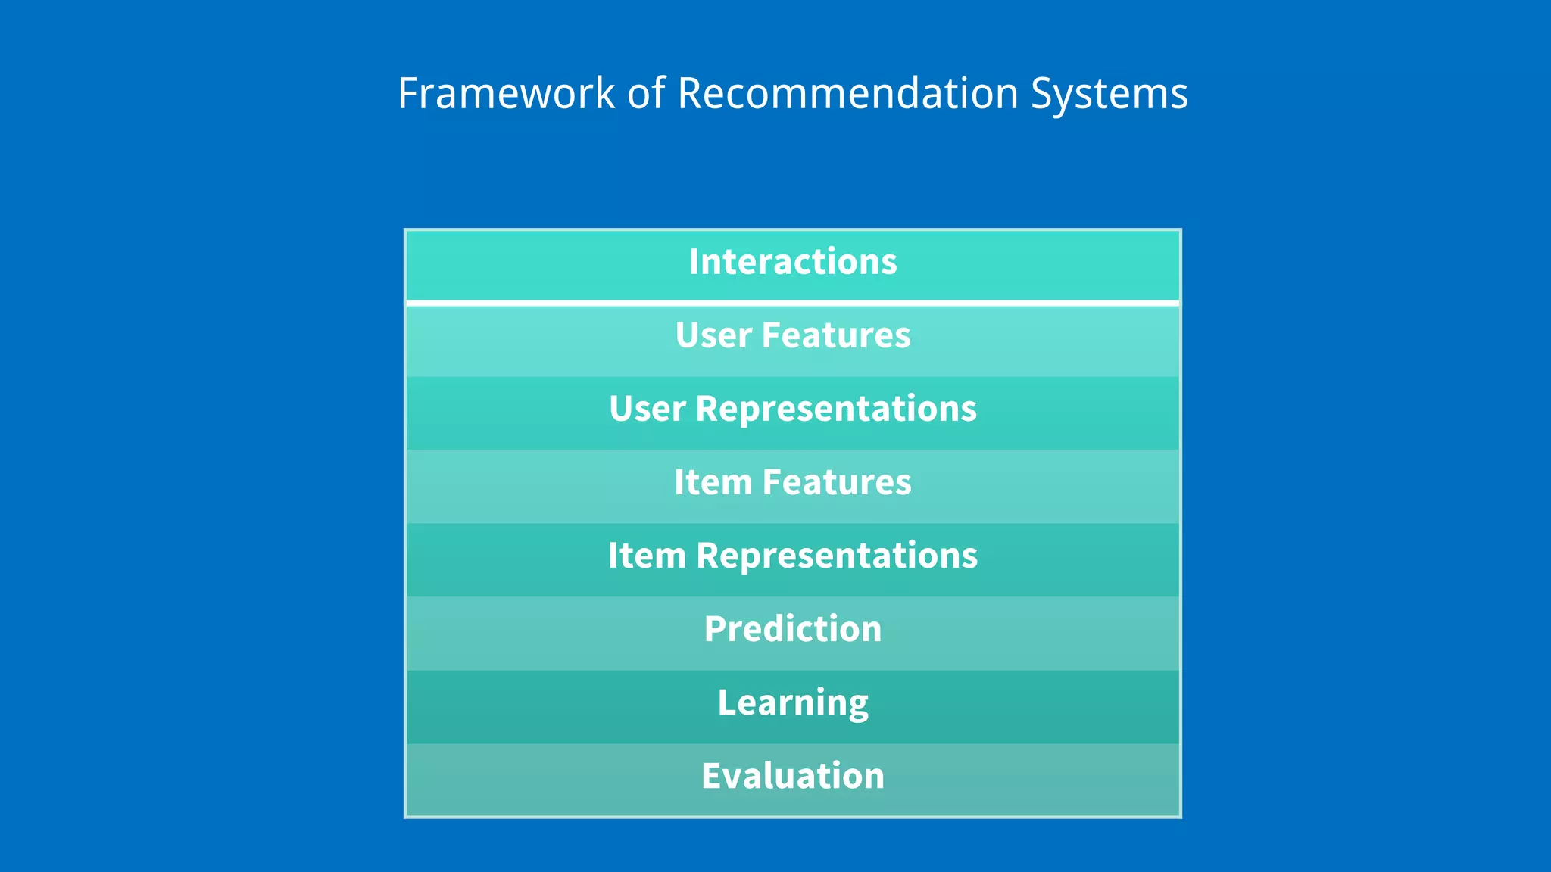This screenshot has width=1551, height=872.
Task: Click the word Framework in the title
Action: point(506,94)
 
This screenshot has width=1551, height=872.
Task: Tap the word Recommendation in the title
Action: point(847,94)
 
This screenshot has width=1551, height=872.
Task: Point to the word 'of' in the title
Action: point(645,94)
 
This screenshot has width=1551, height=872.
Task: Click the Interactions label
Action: point(793,262)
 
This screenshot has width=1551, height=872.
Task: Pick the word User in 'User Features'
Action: point(713,335)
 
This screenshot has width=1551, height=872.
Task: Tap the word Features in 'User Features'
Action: point(836,335)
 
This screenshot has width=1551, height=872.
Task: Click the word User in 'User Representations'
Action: point(647,409)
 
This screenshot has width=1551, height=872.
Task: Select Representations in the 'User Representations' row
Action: point(836,410)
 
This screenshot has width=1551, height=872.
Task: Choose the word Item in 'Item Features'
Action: point(713,482)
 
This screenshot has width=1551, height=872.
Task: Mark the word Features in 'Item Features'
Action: point(837,482)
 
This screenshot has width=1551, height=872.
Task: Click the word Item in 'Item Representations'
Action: point(646,556)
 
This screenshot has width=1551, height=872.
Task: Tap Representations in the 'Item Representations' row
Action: point(837,556)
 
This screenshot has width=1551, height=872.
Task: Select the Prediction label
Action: point(793,629)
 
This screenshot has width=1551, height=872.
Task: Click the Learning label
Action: point(793,703)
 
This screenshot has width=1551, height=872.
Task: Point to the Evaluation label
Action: point(793,776)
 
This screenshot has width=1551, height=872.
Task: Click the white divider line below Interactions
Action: point(793,303)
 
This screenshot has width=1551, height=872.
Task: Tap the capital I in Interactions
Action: point(694,262)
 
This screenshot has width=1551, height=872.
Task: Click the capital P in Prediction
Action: point(715,629)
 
